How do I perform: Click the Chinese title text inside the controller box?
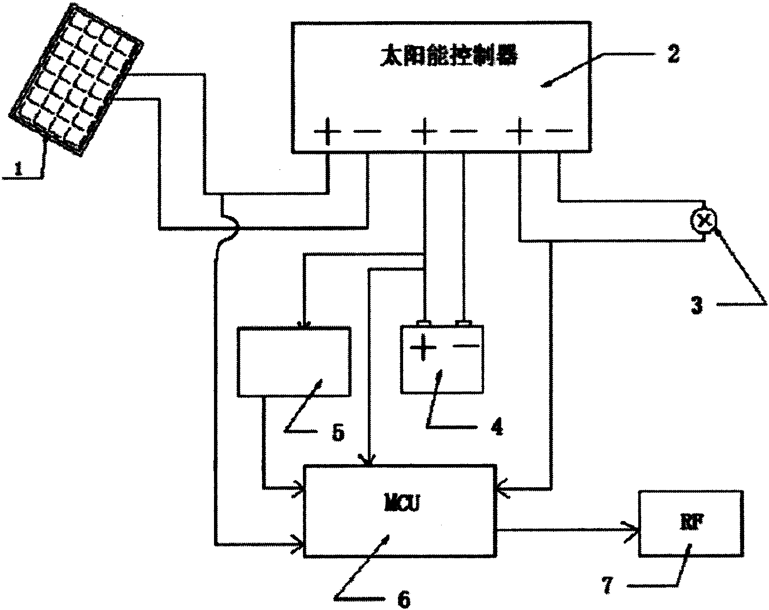[448, 58]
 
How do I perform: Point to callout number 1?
[18, 170]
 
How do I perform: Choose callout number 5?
[338, 432]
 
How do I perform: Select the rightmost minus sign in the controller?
[560, 131]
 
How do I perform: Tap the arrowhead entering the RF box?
[632, 529]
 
